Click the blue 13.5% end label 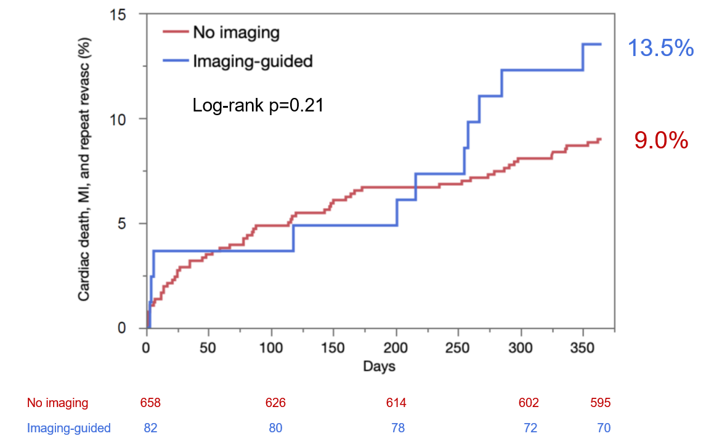660,49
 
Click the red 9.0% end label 661,142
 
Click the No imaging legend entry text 236,31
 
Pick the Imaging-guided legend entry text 253,61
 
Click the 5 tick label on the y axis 130,224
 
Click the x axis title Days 379,366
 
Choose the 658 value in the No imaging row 150,403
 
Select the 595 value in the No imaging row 600,403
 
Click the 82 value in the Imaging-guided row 150,427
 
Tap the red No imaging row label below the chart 57,403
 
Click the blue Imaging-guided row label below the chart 69,427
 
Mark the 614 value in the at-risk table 396,403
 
